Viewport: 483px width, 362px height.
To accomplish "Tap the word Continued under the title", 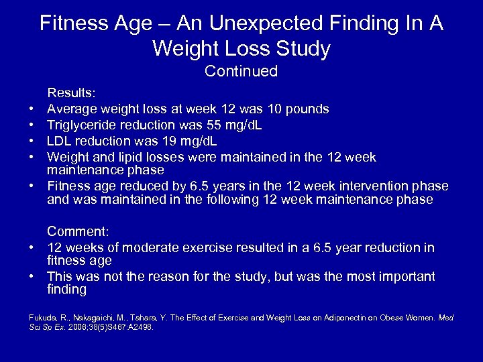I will pos(241,71).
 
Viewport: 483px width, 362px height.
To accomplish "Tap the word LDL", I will pos(60,141).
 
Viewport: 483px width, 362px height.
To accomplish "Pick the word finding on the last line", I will pos(67,290).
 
